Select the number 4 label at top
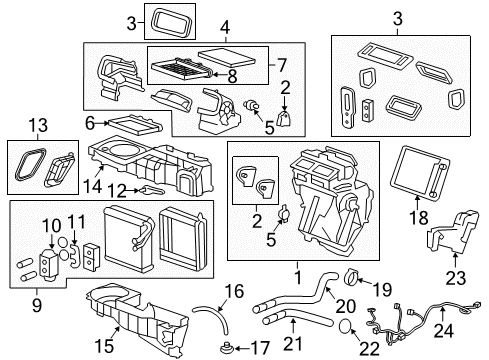click(225, 25)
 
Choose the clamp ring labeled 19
click(353, 277)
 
